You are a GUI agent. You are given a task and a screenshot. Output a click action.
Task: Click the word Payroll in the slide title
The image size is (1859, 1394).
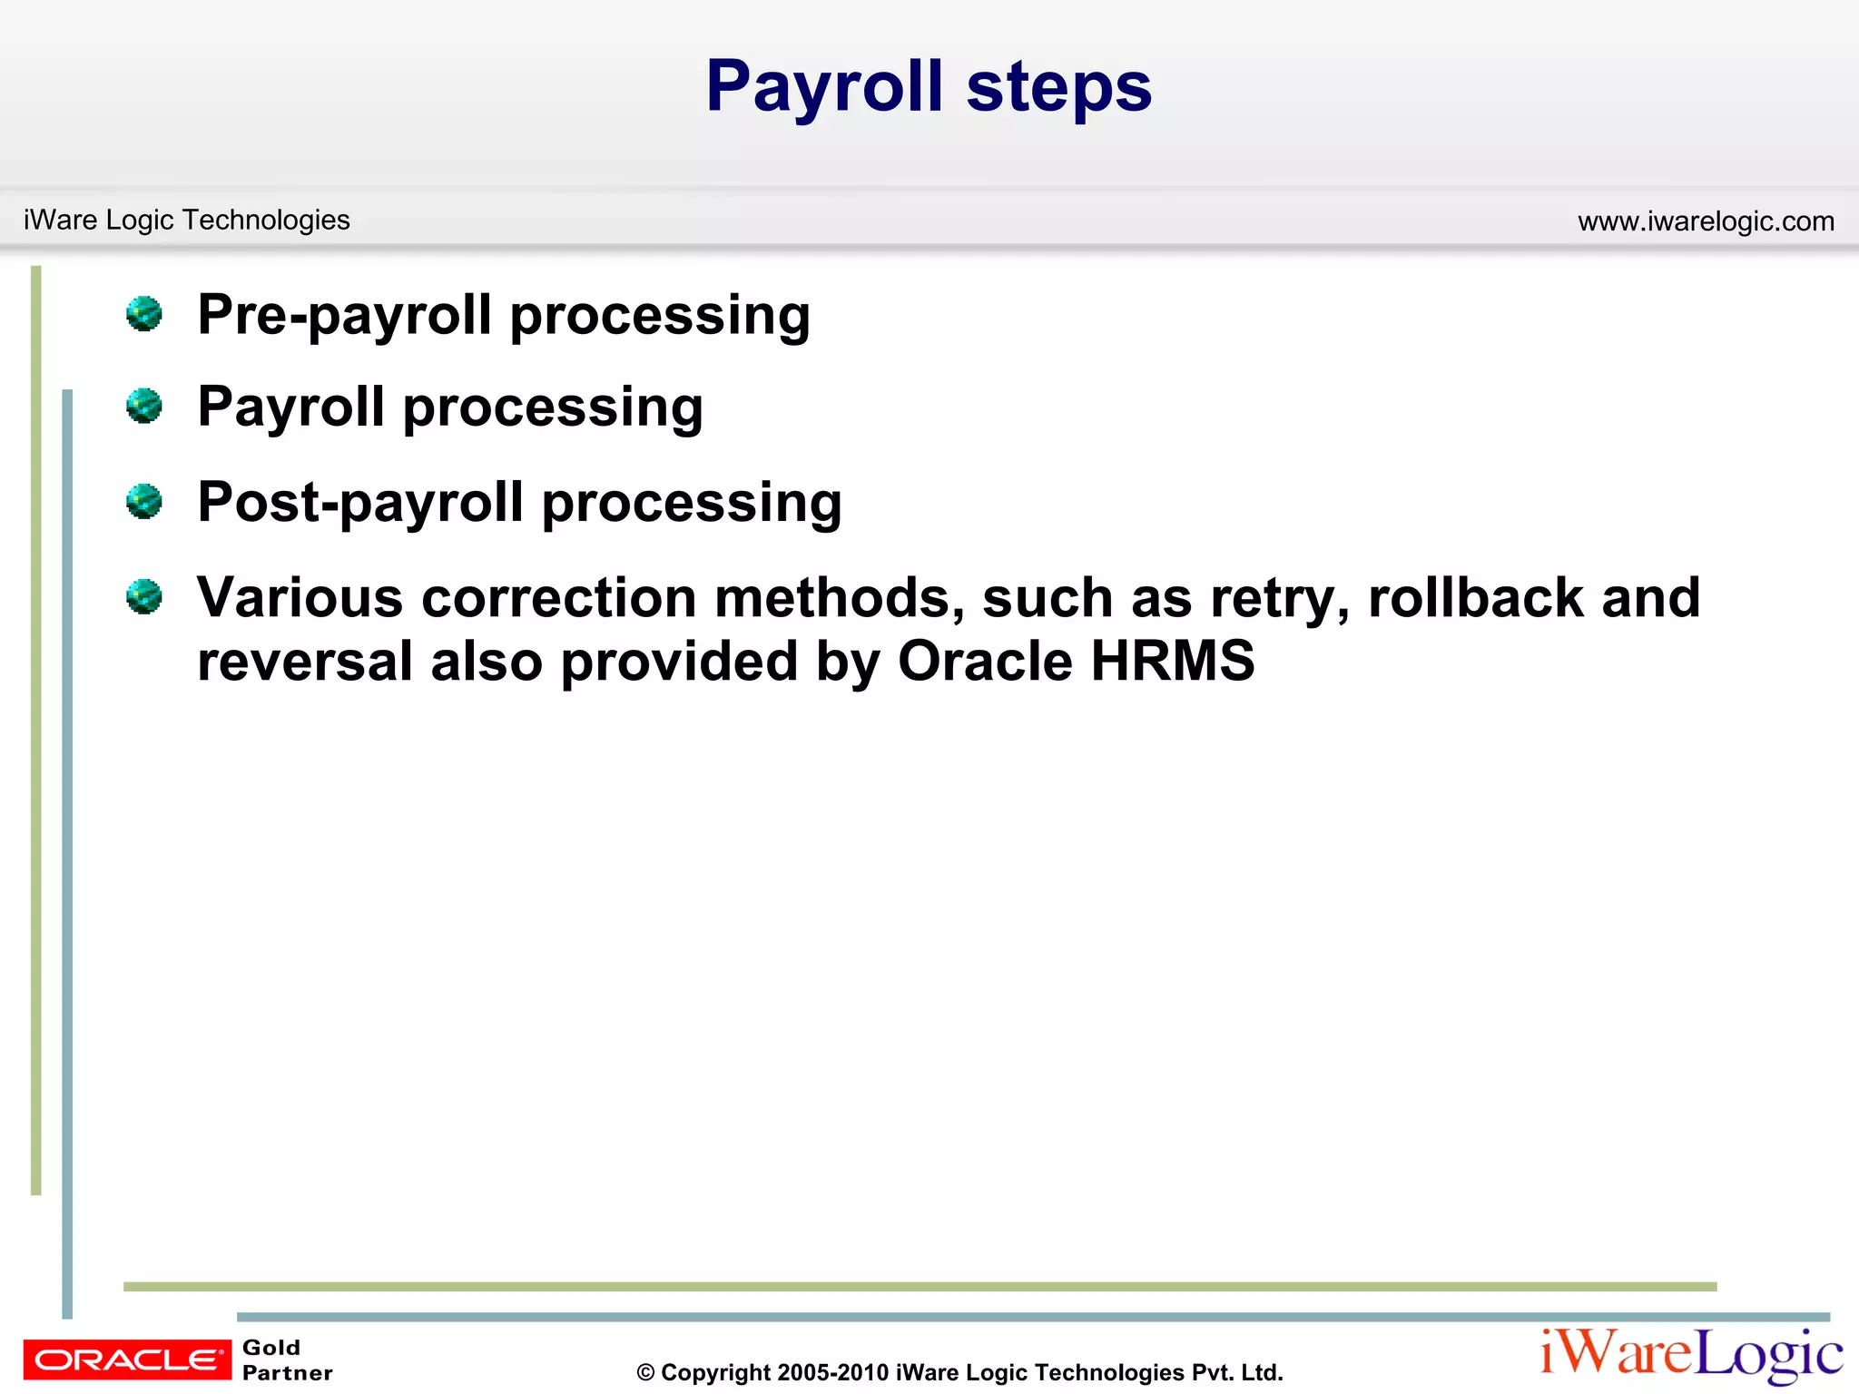[824, 87]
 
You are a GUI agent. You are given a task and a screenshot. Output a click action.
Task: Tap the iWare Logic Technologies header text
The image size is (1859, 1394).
[186, 220]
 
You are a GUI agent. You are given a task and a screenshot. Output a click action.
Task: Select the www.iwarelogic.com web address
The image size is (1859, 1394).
[1706, 221]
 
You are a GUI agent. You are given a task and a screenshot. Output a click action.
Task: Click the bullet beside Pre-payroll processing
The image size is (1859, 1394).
[144, 314]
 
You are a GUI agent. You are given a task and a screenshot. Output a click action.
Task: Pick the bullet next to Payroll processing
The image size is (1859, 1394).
[144, 406]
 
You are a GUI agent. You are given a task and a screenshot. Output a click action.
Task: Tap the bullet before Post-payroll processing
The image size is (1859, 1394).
[144, 501]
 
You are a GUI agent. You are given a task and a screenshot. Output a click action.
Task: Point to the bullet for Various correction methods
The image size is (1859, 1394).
[144, 597]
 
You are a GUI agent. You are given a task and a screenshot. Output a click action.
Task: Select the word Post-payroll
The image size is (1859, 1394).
[360, 503]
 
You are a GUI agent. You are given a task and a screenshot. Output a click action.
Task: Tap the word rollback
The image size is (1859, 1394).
[1475, 599]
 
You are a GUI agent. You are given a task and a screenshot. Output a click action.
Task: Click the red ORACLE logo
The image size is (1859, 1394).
[127, 1360]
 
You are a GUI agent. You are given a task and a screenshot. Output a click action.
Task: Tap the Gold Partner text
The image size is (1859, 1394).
[287, 1360]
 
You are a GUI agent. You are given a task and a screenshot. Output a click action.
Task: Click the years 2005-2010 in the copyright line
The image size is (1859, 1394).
[832, 1373]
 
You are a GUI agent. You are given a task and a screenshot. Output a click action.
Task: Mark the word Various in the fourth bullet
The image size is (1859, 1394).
[300, 599]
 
